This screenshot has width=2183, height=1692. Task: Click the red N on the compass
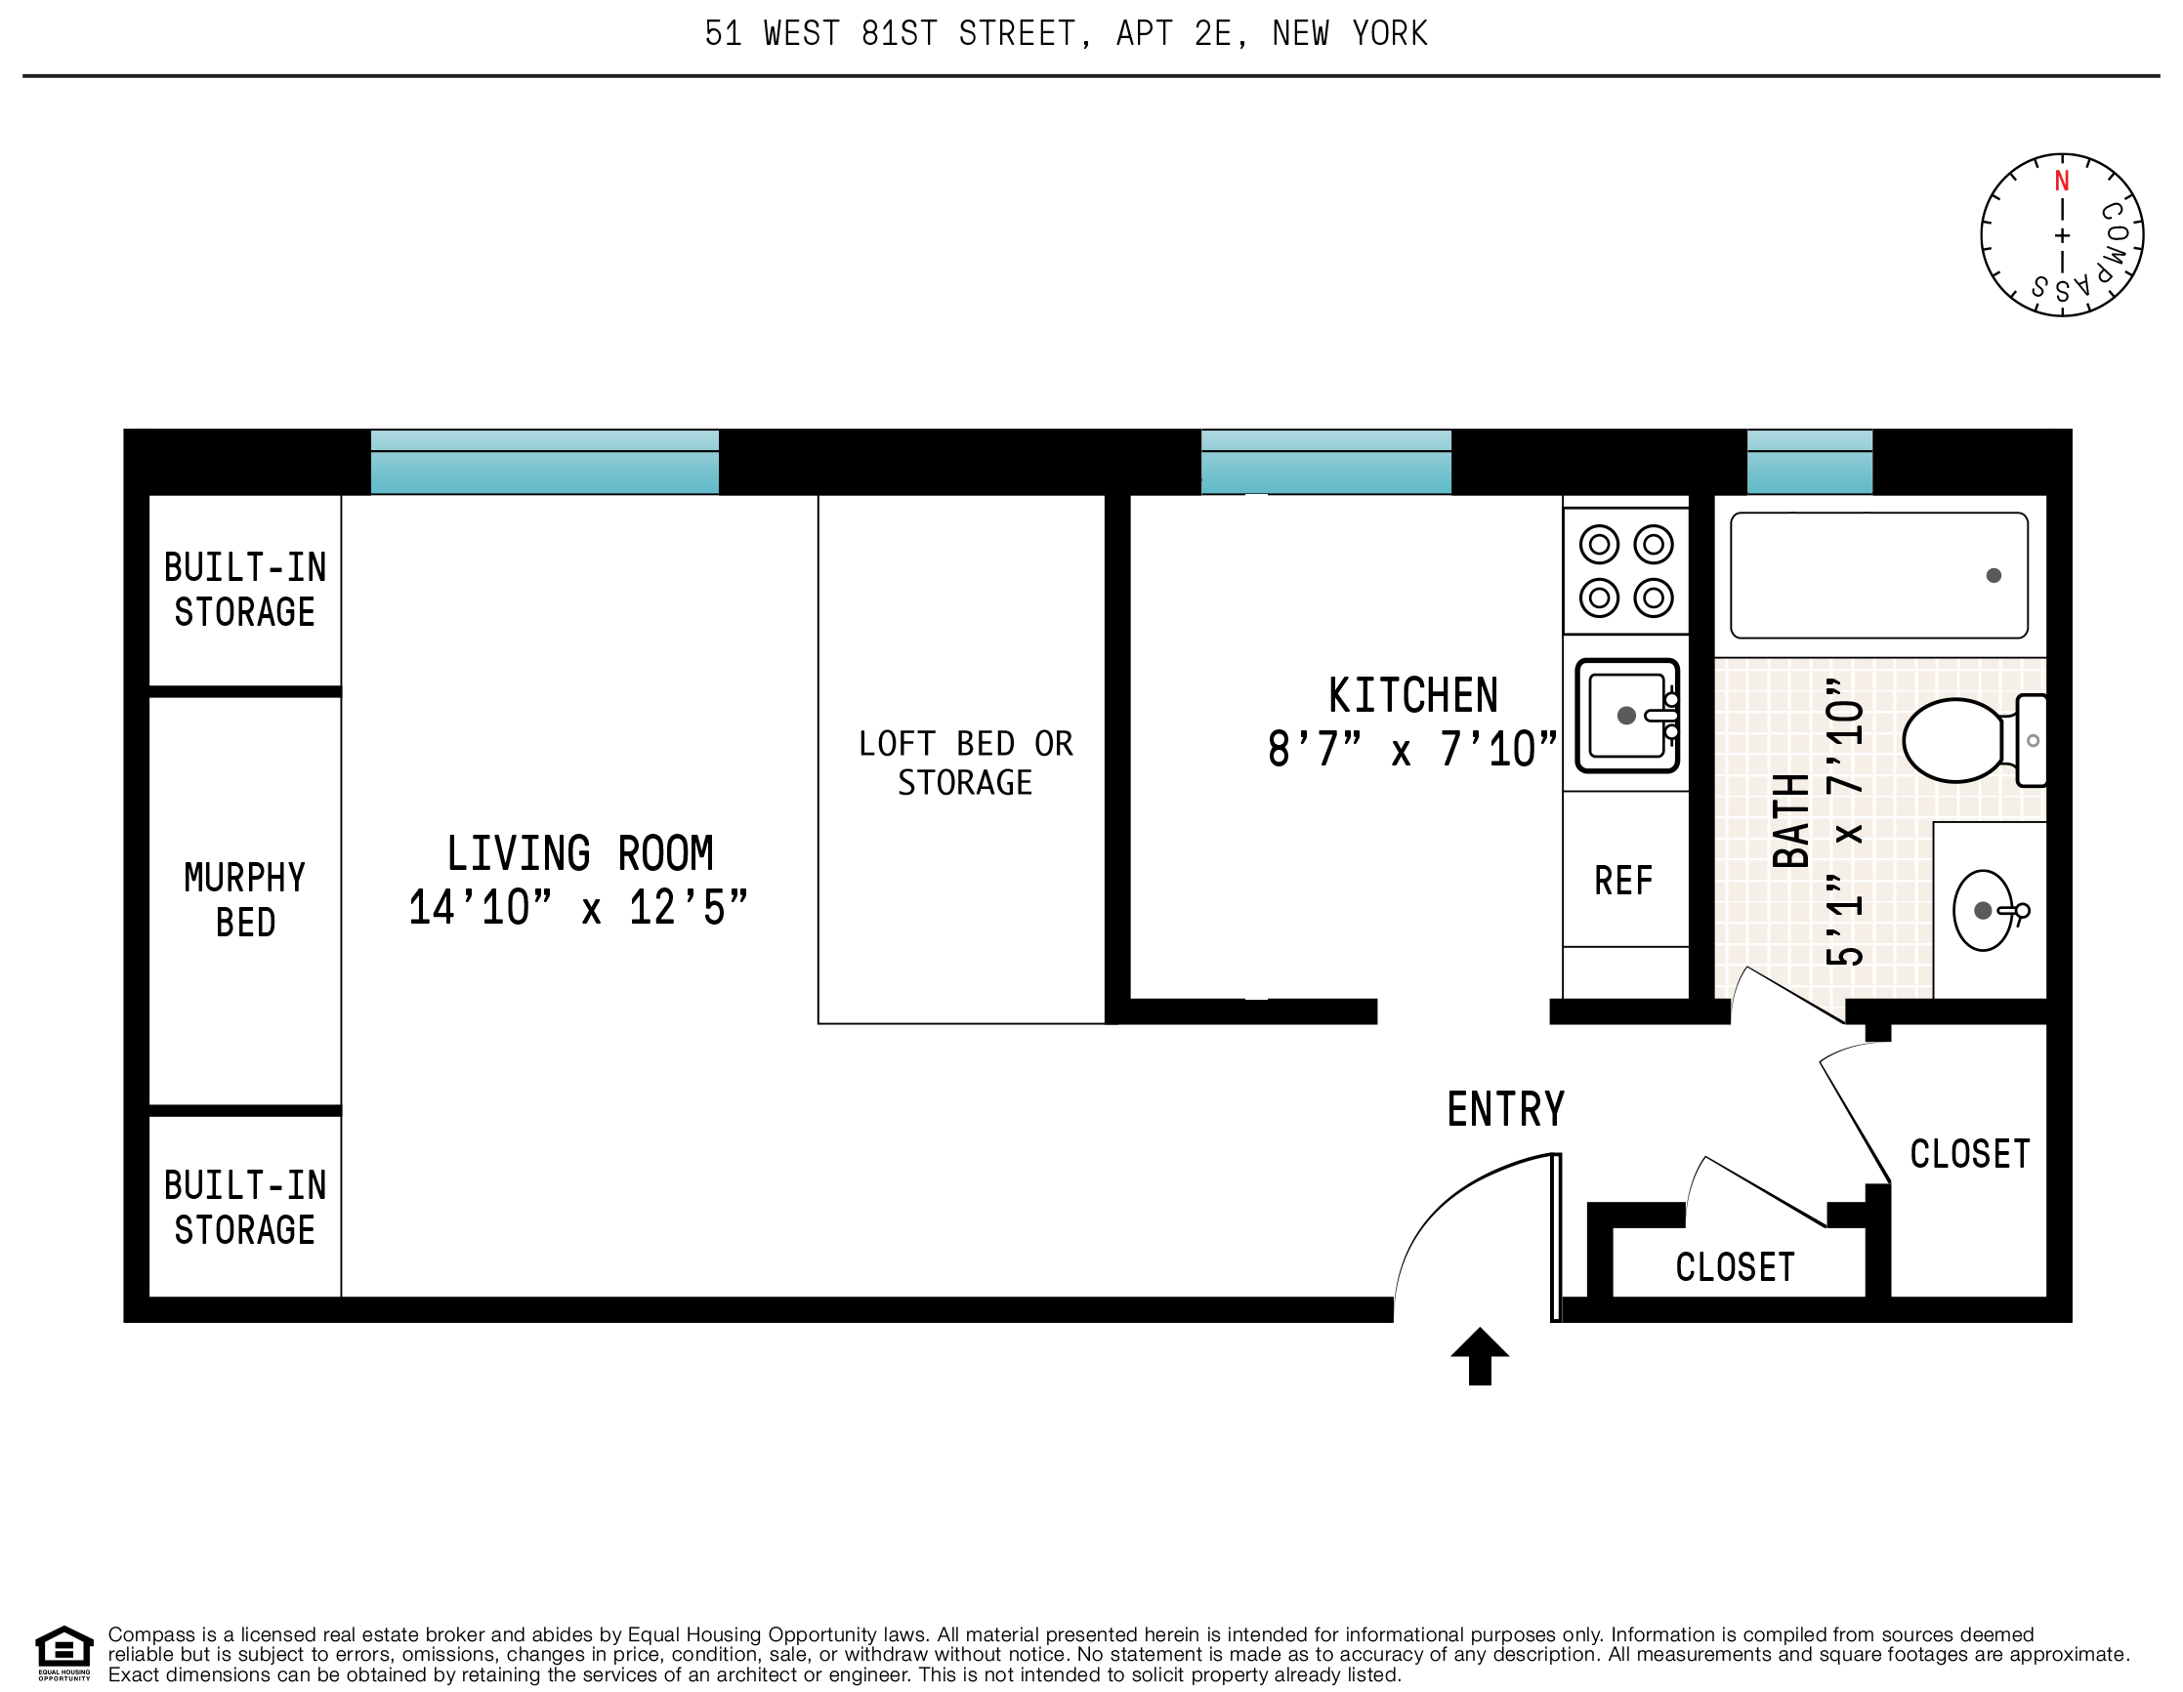[x=2061, y=182]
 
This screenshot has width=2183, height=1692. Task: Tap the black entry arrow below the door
[x=1480, y=1356]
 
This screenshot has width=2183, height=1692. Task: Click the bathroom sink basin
[x=1982, y=911]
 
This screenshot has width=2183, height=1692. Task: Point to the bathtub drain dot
[x=1994, y=576]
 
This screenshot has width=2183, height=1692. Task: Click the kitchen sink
[x=1625, y=716]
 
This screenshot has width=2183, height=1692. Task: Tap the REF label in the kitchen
[x=1623, y=881]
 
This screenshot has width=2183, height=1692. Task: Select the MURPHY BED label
[x=245, y=899]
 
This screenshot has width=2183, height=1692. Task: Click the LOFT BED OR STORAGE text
[x=965, y=763]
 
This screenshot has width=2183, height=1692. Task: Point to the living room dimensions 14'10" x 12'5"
[x=577, y=907]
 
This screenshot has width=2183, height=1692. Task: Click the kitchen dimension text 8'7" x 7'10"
[x=1411, y=750]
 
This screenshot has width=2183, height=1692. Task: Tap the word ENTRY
[x=1505, y=1109]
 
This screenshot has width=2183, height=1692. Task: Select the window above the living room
[x=545, y=462]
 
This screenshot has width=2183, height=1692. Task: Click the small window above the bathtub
[x=1809, y=462]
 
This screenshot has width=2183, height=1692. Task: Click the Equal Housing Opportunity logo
[x=63, y=1653]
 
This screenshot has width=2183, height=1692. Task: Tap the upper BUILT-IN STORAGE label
[x=245, y=590]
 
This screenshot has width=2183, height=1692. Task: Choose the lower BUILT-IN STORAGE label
[x=245, y=1208]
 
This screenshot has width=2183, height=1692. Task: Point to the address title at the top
[x=1066, y=34]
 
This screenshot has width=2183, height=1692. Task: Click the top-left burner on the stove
[x=1598, y=545]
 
